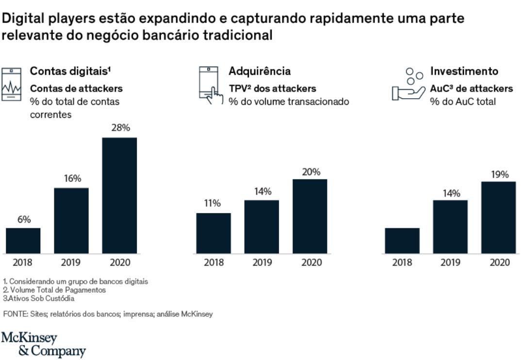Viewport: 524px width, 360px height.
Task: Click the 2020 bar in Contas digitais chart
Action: click(x=119, y=195)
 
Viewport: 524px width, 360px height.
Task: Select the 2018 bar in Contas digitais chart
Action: click(x=23, y=241)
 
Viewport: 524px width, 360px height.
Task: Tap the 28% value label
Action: click(x=120, y=128)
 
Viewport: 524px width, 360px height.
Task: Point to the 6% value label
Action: click(x=23, y=219)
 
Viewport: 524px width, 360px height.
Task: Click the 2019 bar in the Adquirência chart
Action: click(x=262, y=227)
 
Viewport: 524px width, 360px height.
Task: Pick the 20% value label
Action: click(x=311, y=171)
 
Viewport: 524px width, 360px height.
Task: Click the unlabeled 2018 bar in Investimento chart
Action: click(x=402, y=241)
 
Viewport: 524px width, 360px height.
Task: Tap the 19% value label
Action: click(x=499, y=174)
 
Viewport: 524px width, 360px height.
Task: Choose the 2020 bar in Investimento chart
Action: click(x=499, y=217)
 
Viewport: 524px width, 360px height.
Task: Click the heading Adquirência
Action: click(x=260, y=71)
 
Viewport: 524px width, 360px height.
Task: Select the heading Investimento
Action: click(x=464, y=71)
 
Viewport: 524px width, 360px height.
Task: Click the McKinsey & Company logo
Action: click(x=43, y=344)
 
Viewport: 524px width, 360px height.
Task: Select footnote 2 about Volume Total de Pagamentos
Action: click(x=54, y=290)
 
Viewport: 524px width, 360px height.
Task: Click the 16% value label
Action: click(x=72, y=179)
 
